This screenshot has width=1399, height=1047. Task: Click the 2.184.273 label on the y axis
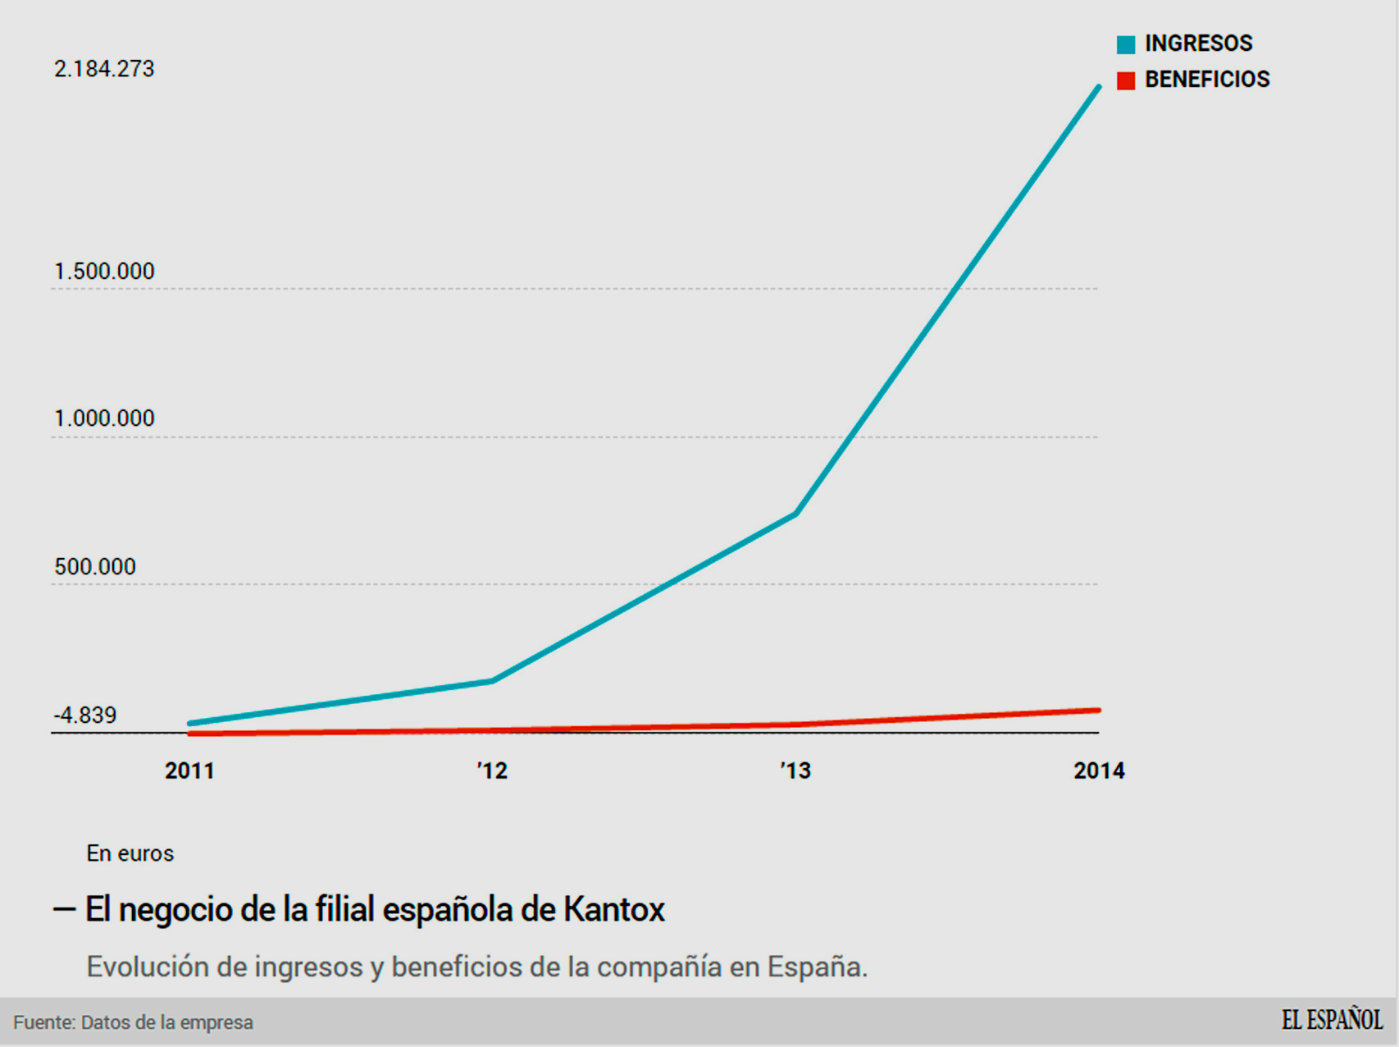coord(104,69)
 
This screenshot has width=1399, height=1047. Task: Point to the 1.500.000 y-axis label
coord(104,272)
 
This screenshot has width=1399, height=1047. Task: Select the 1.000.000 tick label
coord(104,418)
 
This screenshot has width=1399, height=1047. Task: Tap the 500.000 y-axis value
coord(95,567)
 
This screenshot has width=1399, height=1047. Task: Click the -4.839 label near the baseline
coord(85,716)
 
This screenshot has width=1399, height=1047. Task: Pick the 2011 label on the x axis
coord(189,771)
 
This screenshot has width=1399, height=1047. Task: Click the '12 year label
coord(492,771)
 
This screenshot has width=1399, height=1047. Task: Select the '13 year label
coord(795,771)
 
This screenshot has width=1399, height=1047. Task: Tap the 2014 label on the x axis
coord(1099,771)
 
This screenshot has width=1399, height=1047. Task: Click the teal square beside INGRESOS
coord(1126,44)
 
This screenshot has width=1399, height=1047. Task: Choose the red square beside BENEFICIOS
coord(1126,80)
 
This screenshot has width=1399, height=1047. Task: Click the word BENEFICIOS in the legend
coord(1207,80)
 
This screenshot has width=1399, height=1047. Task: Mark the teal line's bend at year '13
coord(795,514)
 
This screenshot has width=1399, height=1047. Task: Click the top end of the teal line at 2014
coord(1098,87)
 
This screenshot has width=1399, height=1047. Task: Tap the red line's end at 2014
coord(1097,711)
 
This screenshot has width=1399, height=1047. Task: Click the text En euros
coord(130,853)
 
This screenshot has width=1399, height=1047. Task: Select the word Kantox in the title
coord(613,909)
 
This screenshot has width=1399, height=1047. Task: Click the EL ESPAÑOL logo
coord(1332,1021)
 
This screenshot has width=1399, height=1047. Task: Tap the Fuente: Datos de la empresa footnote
coord(133,1022)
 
